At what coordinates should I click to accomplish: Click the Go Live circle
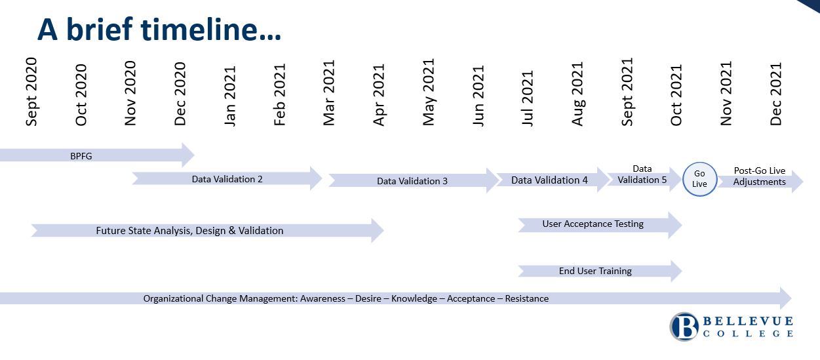[699, 179]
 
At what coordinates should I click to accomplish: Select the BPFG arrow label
[81, 156]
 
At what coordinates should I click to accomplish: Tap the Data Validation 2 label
[227, 179]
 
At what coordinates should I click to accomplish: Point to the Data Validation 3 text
[412, 181]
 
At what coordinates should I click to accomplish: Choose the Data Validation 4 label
[549, 180]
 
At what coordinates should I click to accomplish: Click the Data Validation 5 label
[642, 174]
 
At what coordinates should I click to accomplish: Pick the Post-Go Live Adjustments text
[759, 176]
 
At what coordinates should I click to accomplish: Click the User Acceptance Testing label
[593, 224]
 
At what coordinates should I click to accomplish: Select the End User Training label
[595, 271]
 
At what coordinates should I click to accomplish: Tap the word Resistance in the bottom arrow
[527, 298]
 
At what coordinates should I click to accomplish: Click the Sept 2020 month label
[31, 92]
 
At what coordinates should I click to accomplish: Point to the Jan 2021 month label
[230, 96]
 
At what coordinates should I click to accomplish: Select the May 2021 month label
[429, 92]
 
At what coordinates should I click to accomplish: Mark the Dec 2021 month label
[775, 94]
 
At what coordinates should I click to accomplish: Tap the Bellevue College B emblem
[684, 327]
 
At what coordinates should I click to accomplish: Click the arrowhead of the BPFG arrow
[188, 155]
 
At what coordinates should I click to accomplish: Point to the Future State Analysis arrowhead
[378, 230]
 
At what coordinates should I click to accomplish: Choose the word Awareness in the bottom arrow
[322, 298]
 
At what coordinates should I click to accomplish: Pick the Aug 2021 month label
[577, 94]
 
